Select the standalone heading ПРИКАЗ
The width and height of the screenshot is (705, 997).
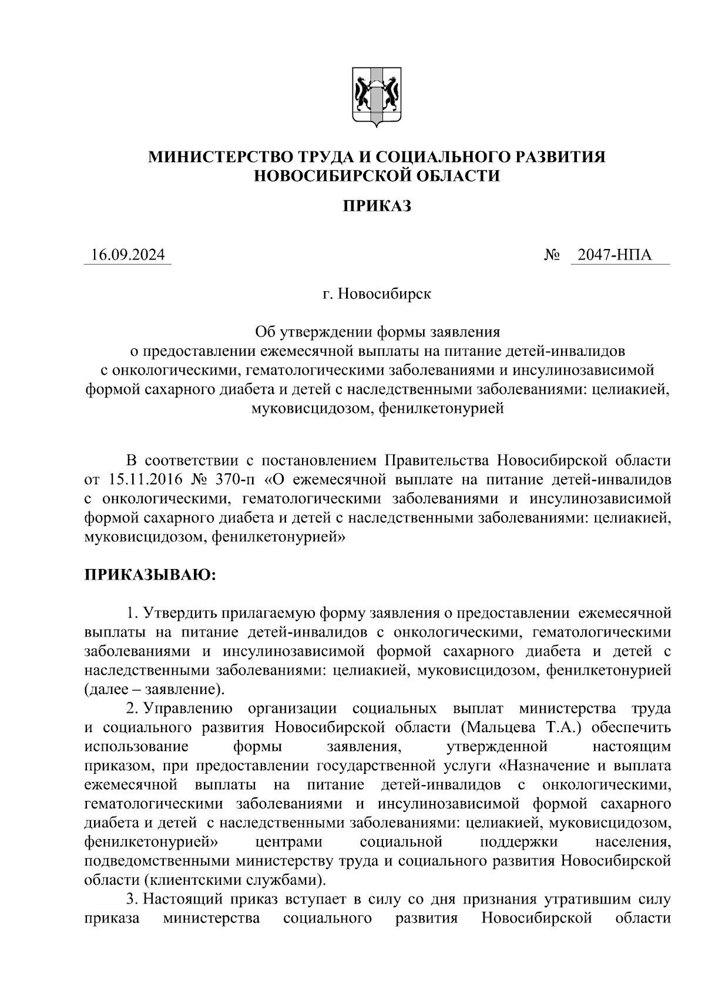pos(376,206)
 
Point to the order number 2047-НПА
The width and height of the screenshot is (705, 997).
pos(615,255)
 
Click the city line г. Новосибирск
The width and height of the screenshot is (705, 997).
pos(376,294)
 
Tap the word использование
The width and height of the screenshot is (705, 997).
pos(136,747)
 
